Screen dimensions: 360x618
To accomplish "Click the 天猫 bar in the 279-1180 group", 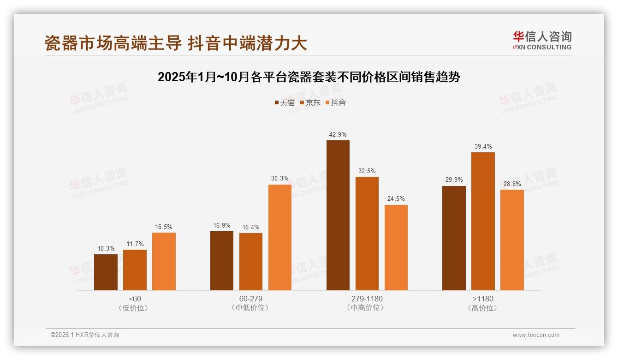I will point(338,215).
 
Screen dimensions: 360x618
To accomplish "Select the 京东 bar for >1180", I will point(483,221).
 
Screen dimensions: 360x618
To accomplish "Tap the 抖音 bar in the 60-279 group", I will point(280,237).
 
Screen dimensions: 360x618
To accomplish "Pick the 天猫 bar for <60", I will point(106,272).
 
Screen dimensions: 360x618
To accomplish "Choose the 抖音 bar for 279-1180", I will point(396,247).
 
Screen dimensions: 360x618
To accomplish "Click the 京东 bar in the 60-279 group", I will point(251,261).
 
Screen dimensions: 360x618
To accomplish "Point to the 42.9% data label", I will point(338,135).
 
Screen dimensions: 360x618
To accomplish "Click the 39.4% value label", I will point(483,147).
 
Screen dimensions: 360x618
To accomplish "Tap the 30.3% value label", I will point(280,179).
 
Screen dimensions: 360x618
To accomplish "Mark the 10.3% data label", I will point(106,248).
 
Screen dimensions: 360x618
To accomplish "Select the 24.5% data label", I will point(396,199).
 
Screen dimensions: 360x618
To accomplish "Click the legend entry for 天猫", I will point(285,103).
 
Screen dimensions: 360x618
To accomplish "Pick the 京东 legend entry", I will point(310,103).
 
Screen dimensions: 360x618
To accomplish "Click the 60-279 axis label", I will point(251,299).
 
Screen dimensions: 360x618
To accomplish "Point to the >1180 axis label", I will point(483,299).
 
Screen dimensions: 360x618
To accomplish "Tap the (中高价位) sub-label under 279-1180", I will point(367,308).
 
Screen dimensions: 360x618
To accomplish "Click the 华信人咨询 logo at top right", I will point(542,40).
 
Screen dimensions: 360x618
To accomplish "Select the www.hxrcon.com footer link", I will point(536,335).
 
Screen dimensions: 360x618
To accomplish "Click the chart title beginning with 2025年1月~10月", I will point(309,77).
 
